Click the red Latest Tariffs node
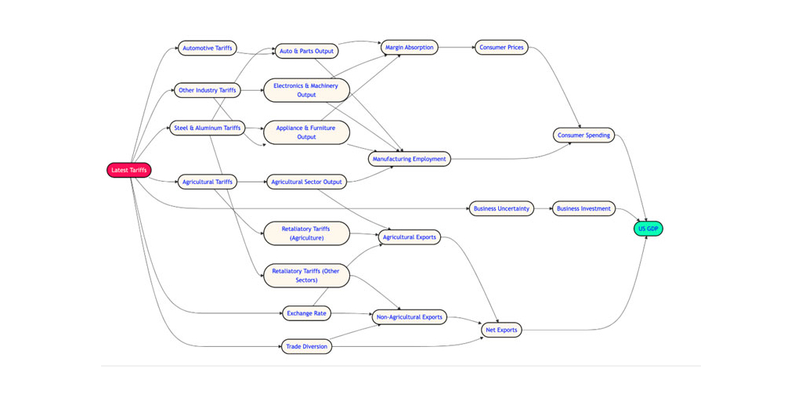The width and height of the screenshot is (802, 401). point(129,170)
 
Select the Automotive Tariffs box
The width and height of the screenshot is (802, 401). point(207,49)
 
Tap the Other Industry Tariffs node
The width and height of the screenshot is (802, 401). point(207,90)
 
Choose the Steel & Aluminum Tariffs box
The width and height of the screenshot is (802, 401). point(207,128)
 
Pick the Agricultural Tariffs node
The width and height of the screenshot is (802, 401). point(207,182)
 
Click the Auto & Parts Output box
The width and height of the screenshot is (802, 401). point(306,51)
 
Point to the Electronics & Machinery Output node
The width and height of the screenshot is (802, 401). point(306,90)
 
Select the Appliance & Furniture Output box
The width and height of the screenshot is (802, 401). point(306,132)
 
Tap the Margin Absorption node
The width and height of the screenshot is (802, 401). point(409,48)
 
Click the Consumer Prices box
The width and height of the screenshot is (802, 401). point(501,48)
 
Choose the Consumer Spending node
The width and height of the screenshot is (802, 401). point(583,135)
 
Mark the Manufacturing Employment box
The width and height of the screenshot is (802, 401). point(409,159)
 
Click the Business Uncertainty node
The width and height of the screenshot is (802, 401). point(501,208)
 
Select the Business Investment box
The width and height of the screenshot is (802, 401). point(583,208)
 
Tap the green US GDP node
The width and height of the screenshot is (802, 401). point(648,229)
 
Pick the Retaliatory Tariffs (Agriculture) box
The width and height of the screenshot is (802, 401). point(306,233)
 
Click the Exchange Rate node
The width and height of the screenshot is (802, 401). point(306,313)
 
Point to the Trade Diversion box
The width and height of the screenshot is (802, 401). point(306,346)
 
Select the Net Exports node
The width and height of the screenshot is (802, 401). point(501,330)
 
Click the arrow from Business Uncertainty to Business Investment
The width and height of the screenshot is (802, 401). point(544,208)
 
